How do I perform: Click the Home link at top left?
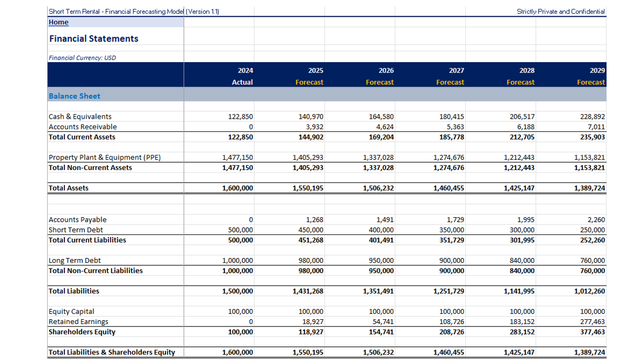[x=59, y=22]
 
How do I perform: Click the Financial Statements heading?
[x=94, y=39]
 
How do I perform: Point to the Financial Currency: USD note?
[x=82, y=58]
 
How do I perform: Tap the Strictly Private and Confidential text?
[x=560, y=11]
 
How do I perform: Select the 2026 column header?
[x=386, y=71]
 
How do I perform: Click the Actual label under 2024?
[x=242, y=82]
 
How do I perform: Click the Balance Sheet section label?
[x=74, y=96]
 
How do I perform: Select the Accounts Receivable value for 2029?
[x=595, y=127]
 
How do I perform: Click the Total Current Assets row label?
[x=82, y=137]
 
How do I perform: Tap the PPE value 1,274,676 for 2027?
[x=449, y=157]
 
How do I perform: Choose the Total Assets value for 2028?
[x=519, y=188]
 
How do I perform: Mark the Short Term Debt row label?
[x=75, y=230]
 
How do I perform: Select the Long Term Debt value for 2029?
[x=593, y=261]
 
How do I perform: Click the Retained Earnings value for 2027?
[x=452, y=322]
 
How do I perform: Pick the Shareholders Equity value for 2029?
[x=593, y=332]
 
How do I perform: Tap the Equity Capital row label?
[x=71, y=311]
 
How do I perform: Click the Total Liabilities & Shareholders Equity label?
[x=111, y=352]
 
